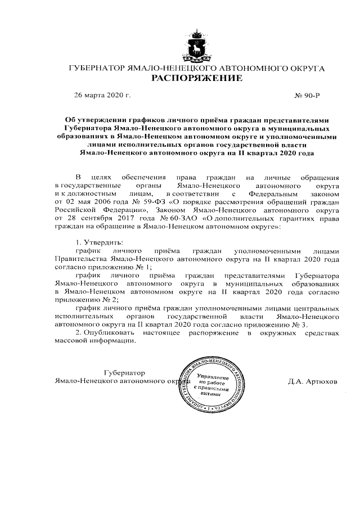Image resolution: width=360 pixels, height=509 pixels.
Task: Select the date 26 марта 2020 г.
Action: (102, 96)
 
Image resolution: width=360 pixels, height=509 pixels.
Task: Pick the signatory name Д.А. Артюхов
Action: (313, 381)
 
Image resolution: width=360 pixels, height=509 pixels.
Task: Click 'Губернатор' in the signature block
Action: (125, 372)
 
